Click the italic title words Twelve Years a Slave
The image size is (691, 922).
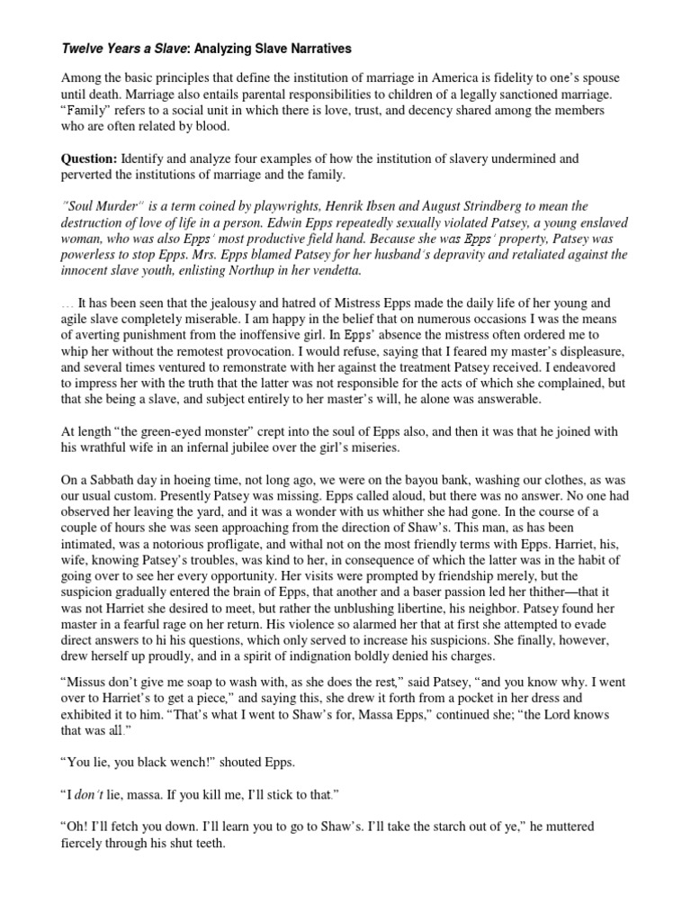pyautogui.click(x=105, y=47)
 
